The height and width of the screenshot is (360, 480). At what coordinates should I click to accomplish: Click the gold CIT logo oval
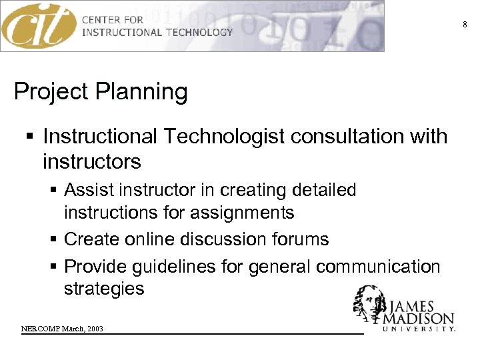point(39,26)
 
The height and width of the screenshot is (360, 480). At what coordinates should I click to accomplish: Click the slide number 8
point(465,25)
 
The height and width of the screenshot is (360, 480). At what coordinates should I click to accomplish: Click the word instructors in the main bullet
point(92,162)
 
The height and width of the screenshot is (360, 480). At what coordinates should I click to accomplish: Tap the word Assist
point(89,190)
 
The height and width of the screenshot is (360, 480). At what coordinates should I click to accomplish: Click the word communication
point(378,267)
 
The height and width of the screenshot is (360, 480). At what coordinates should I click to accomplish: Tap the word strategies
point(104,289)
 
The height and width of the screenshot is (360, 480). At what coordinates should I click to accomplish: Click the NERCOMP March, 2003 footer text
point(62,329)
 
